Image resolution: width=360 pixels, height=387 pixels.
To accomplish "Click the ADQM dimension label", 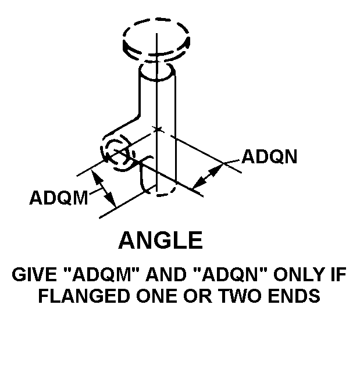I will pyautogui.click(x=59, y=198).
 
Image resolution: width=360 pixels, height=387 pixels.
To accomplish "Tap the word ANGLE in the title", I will pyautogui.click(x=161, y=239).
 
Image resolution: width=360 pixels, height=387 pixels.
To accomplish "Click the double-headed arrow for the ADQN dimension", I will pyautogui.click(x=208, y=176).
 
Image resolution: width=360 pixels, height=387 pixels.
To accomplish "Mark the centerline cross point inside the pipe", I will pyautogui.click(x=157, y=128).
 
